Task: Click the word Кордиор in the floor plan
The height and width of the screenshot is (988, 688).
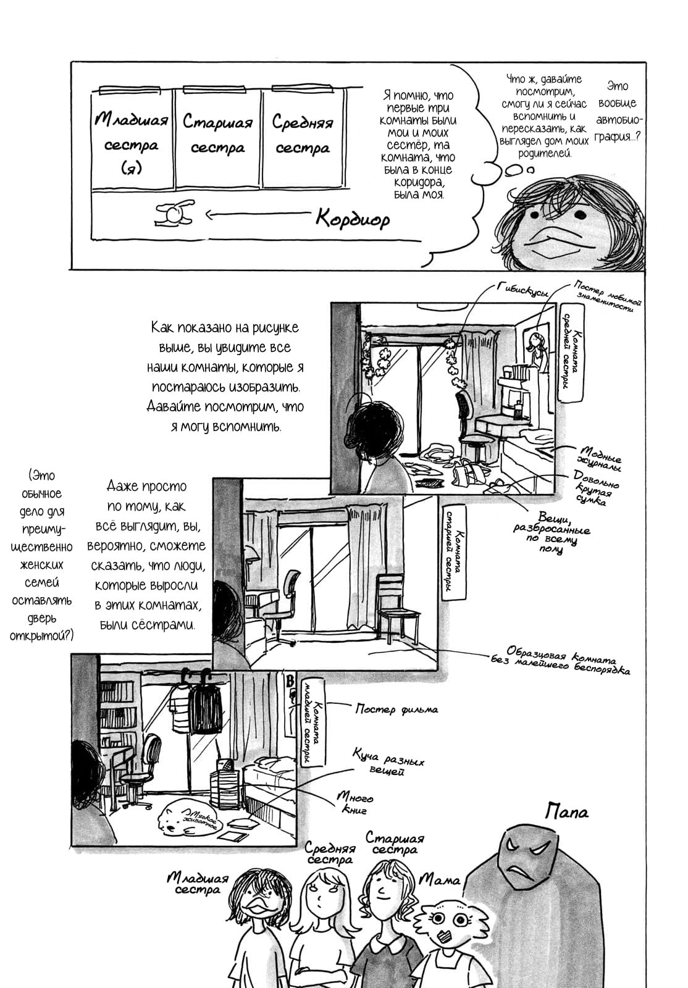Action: coord(353,218)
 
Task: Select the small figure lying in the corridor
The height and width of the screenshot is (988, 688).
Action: coord(174,212)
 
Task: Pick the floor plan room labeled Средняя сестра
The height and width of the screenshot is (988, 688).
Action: coord(303,140)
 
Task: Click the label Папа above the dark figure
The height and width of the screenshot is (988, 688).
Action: coord(567,811)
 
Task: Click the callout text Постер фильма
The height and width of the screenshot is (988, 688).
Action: coord(396,710)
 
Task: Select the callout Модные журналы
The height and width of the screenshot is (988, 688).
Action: coord(598,458)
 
